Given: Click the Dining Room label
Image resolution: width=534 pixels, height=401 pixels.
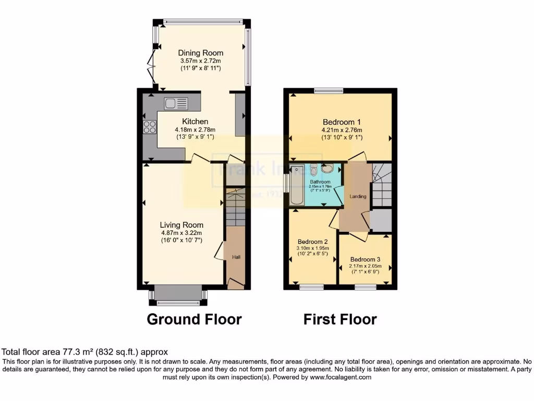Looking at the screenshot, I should pos(201,53).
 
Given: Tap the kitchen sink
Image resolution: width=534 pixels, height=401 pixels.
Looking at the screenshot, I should pos(176,104).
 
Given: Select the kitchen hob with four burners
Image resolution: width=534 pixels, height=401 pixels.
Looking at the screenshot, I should pos(149,127).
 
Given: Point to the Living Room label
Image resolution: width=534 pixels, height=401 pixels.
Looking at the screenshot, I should pos(181,225).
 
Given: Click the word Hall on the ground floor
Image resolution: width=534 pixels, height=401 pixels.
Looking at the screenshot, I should pos(236,257).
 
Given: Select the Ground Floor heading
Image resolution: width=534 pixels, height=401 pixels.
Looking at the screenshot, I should pos(194,319).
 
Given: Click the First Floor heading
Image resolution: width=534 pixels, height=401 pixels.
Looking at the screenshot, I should pos(340,319).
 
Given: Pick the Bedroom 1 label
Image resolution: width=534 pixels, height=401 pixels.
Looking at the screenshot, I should pos(342,122).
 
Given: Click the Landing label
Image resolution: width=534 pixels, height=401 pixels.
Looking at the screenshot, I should pos(358,196).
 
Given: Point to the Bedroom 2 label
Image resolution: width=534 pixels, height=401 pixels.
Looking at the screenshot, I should pos(312,242).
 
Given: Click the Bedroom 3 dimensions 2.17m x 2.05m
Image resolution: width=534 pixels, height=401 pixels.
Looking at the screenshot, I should pos(365,266).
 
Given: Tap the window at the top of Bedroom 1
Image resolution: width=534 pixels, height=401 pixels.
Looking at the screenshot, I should pos(329,91).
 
